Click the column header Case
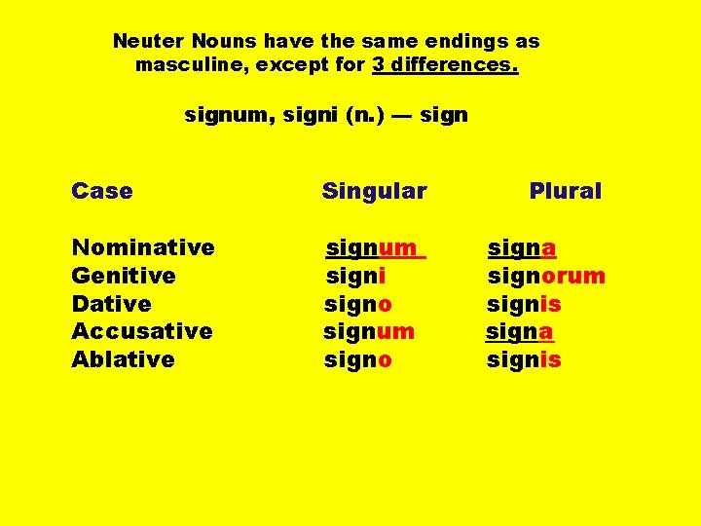[x=102, y=191]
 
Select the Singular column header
[x=374, y=191]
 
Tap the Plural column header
[x=565, y=191]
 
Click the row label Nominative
[x=143, y=247]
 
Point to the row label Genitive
[x=124, y=276]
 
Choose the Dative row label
[x=111, y=304]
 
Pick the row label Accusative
[x=142, y=331]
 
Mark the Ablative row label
[x=123, y=359]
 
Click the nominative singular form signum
[x=372, y=247]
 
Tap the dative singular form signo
[x=358, y=304]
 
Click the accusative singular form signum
[x=369, y=331]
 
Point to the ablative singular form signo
[x=358, y=359]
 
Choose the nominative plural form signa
[x=522, y=247]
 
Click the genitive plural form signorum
[x=546, y=276]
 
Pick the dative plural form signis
[x=524, y=304]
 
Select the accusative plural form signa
[x=520, y=331]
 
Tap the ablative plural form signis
[x=524, y=359]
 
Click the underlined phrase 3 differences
[x=445, y=66]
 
